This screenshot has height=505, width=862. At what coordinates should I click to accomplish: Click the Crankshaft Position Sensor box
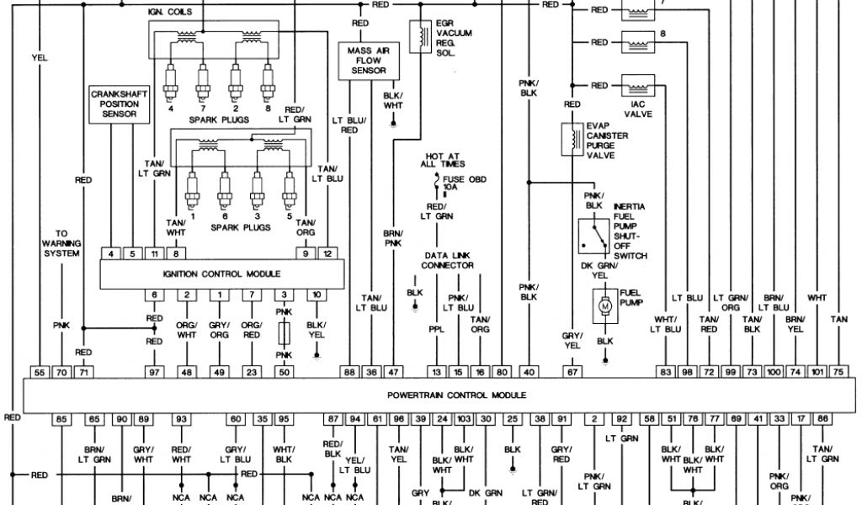click(119, 104)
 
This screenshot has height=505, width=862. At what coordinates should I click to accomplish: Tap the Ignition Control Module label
click(222, 274)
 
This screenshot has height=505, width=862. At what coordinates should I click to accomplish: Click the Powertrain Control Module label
click(457, 395)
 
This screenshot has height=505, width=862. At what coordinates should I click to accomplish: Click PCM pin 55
click(40, 371)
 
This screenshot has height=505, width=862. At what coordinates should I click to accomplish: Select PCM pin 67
click(572, 371)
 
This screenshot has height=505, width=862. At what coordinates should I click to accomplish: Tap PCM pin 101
click(817, 371)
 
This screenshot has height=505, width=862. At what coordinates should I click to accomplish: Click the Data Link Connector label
click(447, 260)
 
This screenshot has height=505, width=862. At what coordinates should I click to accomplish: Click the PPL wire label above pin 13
click(436, 330)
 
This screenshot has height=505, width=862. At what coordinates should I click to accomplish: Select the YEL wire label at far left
click(40, 58)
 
